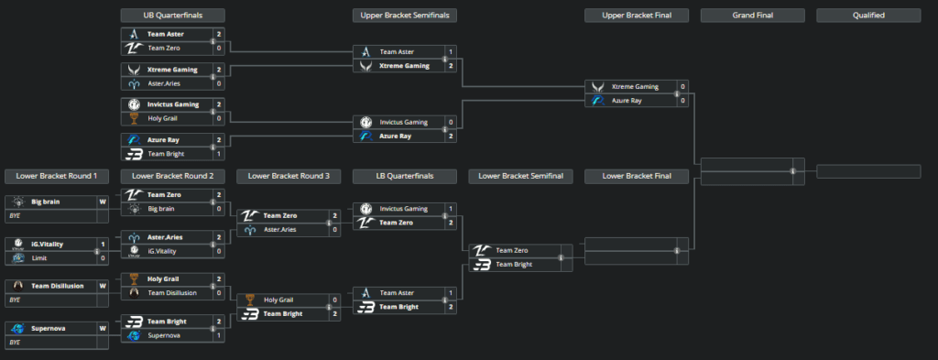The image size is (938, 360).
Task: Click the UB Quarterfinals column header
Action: point(173,16)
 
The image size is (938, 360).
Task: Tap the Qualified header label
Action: point(868,16)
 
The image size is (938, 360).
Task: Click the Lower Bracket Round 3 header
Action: point(289,175)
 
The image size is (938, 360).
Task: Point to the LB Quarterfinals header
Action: point(405,175)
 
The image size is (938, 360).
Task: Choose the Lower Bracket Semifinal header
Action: point(520,175)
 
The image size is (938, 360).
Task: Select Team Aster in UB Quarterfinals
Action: point(166,34)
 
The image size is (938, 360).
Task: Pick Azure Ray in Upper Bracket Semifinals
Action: point(395,136)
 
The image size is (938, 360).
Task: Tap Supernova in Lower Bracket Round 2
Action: point(166,335)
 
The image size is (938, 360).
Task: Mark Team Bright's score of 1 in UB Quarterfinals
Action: point(219,153)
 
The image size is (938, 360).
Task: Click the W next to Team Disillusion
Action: point(103,286)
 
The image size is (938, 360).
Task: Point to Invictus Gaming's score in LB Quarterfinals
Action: point(450,209)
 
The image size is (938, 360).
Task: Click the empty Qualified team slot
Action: point(868,171)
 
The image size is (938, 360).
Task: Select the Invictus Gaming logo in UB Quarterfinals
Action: point(133,104)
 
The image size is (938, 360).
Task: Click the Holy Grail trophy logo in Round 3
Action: point(249,300)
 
